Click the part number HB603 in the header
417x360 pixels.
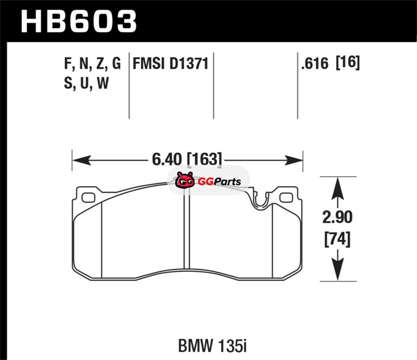point(79,21)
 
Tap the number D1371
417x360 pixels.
point(189,64)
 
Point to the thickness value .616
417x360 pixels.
point(315,64)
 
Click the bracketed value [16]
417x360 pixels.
point(348,63)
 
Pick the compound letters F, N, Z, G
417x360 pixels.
point(93,64)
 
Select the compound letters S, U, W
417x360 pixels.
point(87,83)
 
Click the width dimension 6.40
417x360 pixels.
point(167,159)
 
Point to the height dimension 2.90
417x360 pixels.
point(337,217)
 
